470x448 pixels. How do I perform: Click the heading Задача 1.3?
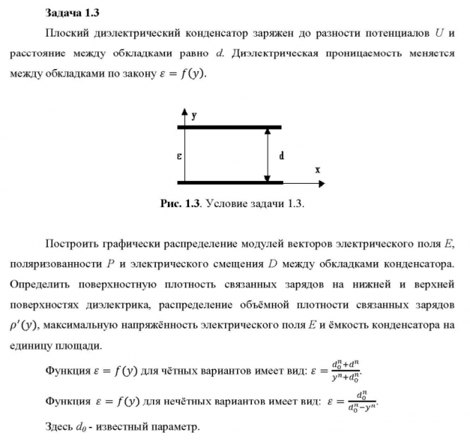click(71, 13)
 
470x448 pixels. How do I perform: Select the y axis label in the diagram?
click(193, 113)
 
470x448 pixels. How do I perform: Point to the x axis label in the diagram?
click(318, 170)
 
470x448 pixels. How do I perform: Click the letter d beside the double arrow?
click(282, 156)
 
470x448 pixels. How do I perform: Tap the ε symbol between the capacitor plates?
click(179, 156)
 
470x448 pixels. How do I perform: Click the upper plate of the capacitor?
click(229, 127)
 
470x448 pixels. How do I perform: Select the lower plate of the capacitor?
click(229, 182)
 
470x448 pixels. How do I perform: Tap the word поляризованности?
click(55, 264)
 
